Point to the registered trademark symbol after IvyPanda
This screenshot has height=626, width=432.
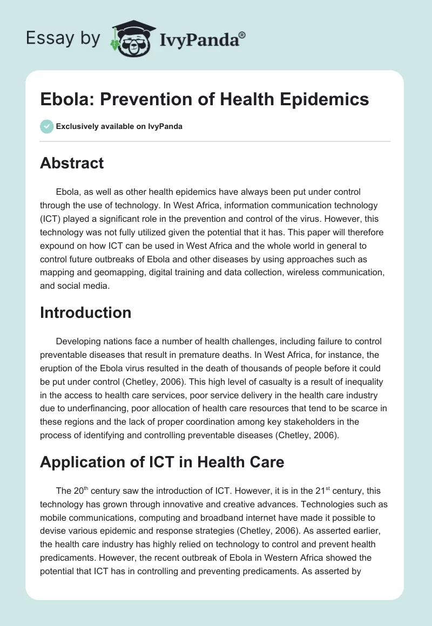click(x=242, y=35)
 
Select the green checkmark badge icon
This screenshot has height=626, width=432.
click(x=46, y=126)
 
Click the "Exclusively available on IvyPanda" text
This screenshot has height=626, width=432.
click(x=119, y=127)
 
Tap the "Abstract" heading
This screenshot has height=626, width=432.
click(x=72, y=163)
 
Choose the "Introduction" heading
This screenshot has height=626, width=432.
click(x=85, y=312)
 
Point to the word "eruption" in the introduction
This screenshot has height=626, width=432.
click(x=57, y=369)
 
